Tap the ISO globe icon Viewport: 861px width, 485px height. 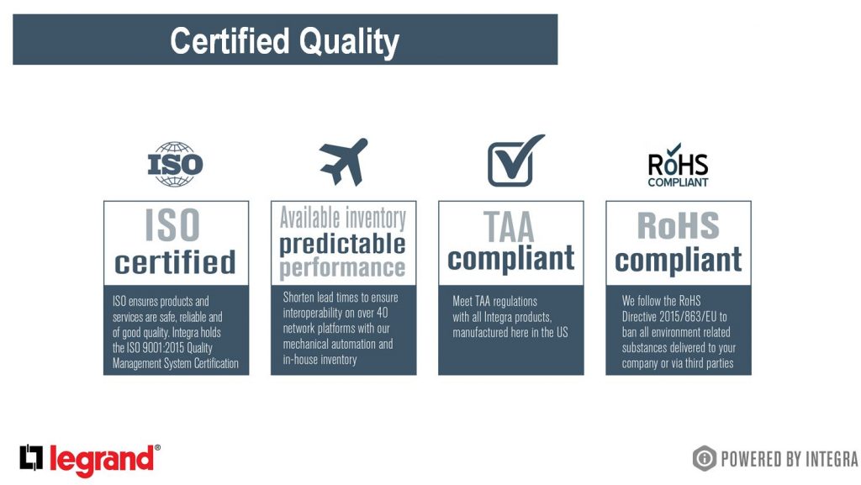click(x=175, y=164)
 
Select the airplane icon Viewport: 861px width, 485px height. click(x=344, y=161)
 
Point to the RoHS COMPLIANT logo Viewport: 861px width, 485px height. click(x=679, y=165)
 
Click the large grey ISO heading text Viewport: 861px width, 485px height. click(x=172, y=225)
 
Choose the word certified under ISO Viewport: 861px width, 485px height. click(x=175, y=262)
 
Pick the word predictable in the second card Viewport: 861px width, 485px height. click(x=343, y=245)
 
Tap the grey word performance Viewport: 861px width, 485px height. click(x=343, y=268)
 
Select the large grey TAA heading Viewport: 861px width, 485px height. click(x=509, y=227)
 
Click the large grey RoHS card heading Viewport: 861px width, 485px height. click(x=679, y=225)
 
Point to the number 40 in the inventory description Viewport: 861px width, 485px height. click(x=383, y=313)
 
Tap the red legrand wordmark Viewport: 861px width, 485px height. click(x=102, y=460)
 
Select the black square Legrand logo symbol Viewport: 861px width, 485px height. click(x=31, y=457)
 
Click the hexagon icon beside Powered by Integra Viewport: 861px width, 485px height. click(x=705, y=458)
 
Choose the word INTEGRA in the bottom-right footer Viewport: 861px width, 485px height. click(x=831, y=459)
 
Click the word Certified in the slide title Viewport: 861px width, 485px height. click(x=230, y=41)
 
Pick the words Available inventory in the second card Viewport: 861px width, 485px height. click(x=343, y=218)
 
